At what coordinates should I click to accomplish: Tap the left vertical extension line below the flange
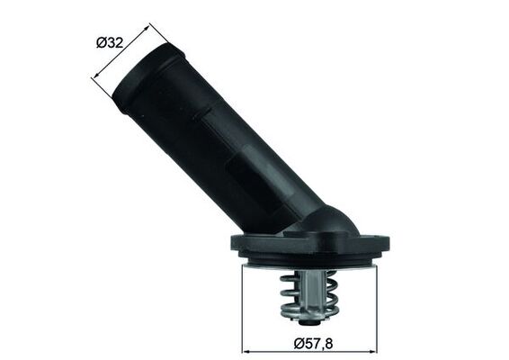244,306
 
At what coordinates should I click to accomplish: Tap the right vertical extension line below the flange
376,306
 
